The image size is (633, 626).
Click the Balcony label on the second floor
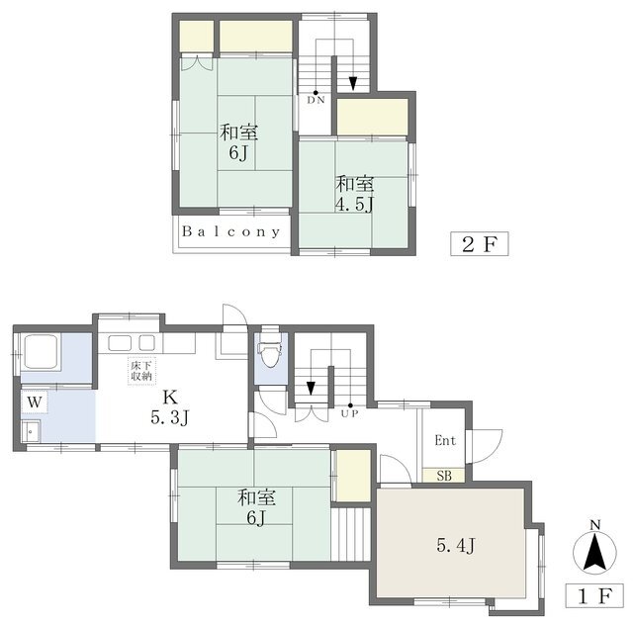tap(231, 231)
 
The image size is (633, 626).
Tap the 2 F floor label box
tap(479, 244)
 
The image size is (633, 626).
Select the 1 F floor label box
tap(594, 595)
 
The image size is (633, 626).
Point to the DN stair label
tap(316, 100)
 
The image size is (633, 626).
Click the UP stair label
tap(349, 413)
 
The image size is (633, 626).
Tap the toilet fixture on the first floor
tap(270, 348)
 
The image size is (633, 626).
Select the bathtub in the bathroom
tap(42, 351)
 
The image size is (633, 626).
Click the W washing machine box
tap(35, 402)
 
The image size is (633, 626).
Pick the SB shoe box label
tap(444, 476)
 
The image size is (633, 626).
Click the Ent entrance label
tap(445, 440)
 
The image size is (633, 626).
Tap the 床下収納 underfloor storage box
tap(141, 371)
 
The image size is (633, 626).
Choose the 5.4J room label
tap(456, 545)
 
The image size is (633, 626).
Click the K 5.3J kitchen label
tap(170, 407)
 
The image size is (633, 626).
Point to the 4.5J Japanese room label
tap(354, 194)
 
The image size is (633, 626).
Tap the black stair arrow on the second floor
tap(353, 83)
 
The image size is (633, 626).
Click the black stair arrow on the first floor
tap(311, 389)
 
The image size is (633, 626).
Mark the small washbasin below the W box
tap(31, 431)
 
